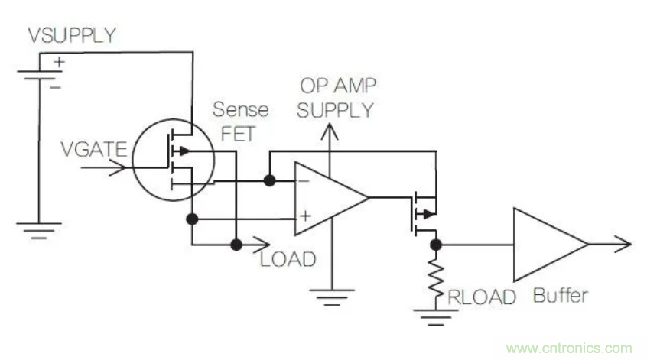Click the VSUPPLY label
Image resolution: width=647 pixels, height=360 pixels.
pyautogui.click(x=72, y=35)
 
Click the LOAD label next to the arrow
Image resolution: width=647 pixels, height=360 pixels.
pyautogui.click(x=288, y=258)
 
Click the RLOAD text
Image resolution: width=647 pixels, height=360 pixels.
pyautogui.click(x=483, y=297)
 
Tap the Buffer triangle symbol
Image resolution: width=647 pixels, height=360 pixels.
pyautogui.click(x=545, y=244)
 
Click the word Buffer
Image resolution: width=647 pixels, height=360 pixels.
pyautogui.click(x=561, y=295)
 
